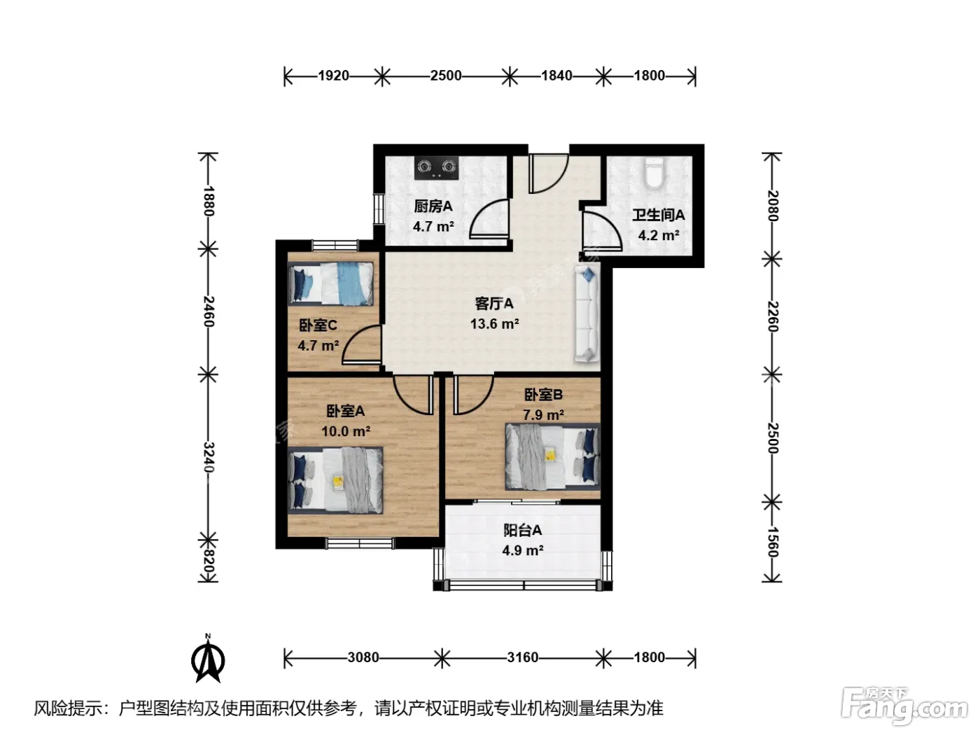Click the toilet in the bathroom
point(654,173)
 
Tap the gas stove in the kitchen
point(436,168)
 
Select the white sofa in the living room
point(587,314)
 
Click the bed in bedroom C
point(330,283)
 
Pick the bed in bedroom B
point(552,456)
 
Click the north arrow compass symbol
point(208,659)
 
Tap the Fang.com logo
point(905,706)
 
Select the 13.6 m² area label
point(494,323)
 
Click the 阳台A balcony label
point(522,530)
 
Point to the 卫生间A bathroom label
point(659,215)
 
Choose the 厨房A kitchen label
point(433,206)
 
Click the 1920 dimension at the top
point(333,76)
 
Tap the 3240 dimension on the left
point(209,457)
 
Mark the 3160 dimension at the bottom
point(522,657)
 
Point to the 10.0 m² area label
point(346,431)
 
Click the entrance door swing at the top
point(548,174)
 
